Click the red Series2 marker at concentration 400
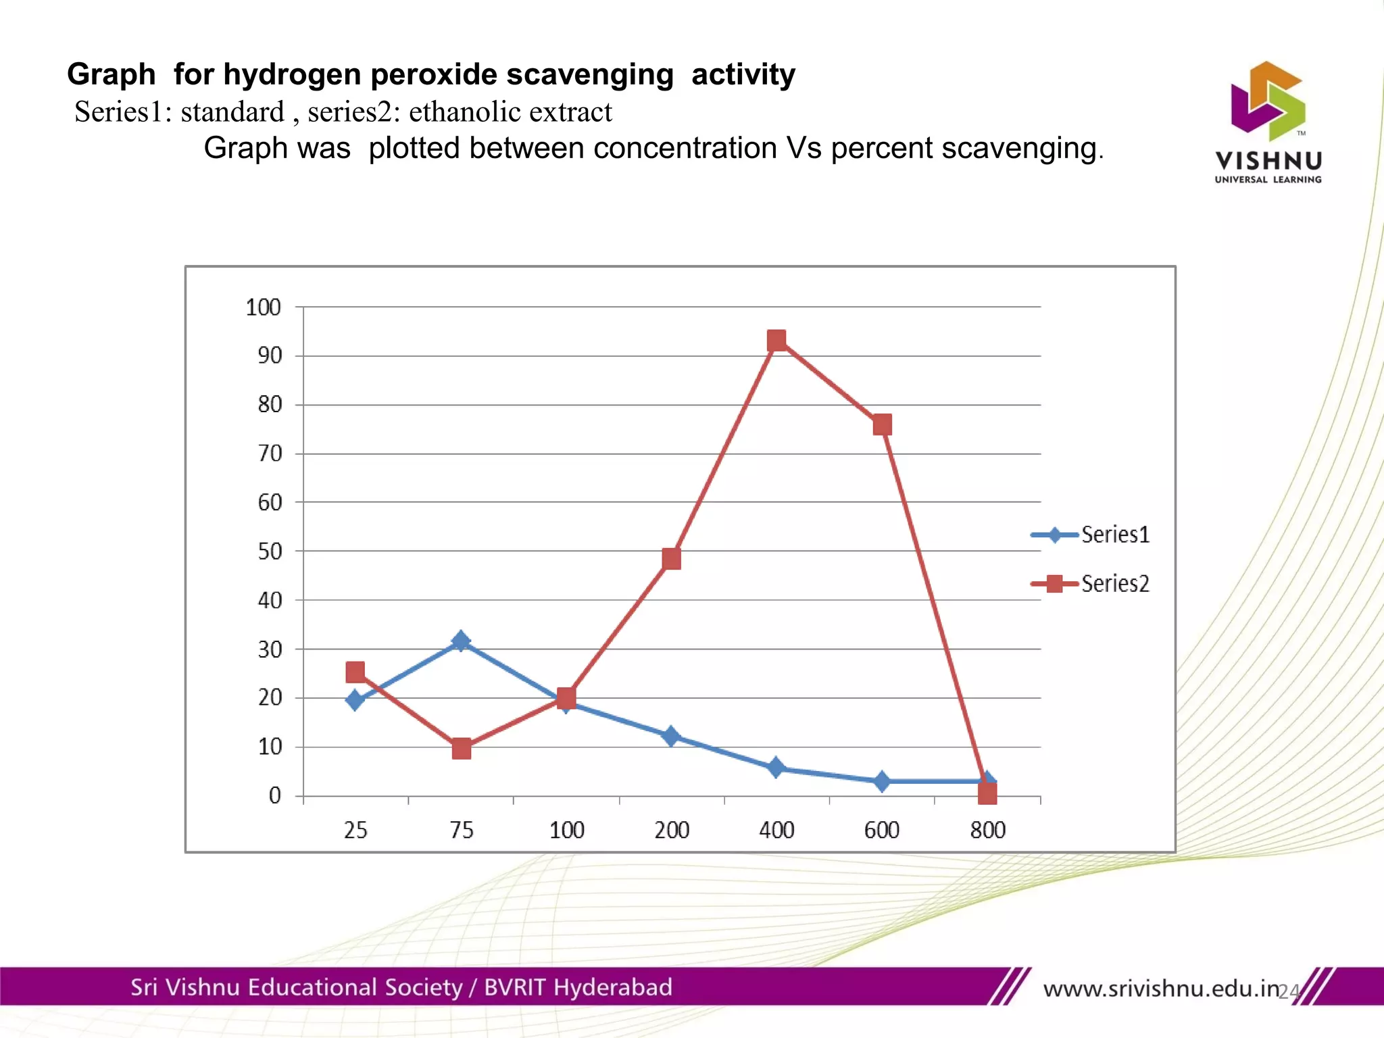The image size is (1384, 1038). pos(776,341)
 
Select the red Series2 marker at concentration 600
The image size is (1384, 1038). pos(882,425)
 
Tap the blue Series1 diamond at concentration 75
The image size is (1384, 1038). pos(461,641)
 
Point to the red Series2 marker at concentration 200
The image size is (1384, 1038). pos(671,559)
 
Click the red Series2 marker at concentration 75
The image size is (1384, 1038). pos(461,749)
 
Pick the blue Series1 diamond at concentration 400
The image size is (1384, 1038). pos(776,768)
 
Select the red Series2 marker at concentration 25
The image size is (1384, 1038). pos(355,672)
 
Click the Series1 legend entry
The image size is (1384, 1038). pos(1091,535)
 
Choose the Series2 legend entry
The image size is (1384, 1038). pos(1091,583)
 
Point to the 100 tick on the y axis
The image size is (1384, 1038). pos(263,307)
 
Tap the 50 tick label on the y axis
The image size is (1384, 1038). pos(270,551)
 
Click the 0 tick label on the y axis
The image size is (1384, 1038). pos(274,795)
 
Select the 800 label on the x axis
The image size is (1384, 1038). pos(987,830)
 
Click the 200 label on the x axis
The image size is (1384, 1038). pos(671,830)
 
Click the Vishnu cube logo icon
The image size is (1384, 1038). pos(1268,101)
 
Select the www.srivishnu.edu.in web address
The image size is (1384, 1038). pos(1161,989)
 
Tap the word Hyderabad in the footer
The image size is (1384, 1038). pos(612,987)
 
